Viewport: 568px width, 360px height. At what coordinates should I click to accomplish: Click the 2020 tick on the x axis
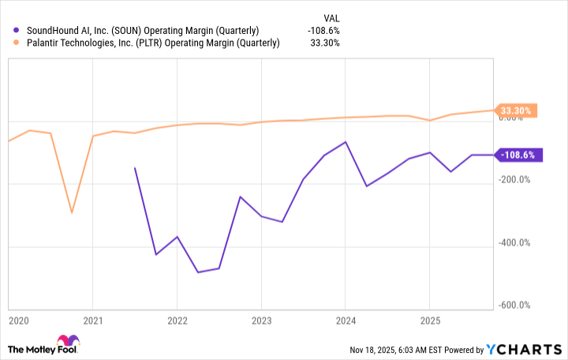17,321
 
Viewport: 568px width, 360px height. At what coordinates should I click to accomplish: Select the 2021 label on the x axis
93,321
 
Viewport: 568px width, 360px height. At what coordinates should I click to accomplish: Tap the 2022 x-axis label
177,321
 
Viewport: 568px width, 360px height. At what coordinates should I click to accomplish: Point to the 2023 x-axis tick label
261,321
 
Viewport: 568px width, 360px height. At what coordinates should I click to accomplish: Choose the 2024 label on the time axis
346,321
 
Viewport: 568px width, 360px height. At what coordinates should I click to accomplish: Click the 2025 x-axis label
429,321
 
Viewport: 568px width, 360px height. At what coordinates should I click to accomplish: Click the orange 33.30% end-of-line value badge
516,111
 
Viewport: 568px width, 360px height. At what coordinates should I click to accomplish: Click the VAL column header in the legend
331,16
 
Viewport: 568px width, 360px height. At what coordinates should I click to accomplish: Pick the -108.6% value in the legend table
324,31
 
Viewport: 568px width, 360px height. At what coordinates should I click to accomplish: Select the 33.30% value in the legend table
326,43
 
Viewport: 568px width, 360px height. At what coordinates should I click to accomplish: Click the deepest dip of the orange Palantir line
72,212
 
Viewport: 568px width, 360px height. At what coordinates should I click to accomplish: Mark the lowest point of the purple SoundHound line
198,272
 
